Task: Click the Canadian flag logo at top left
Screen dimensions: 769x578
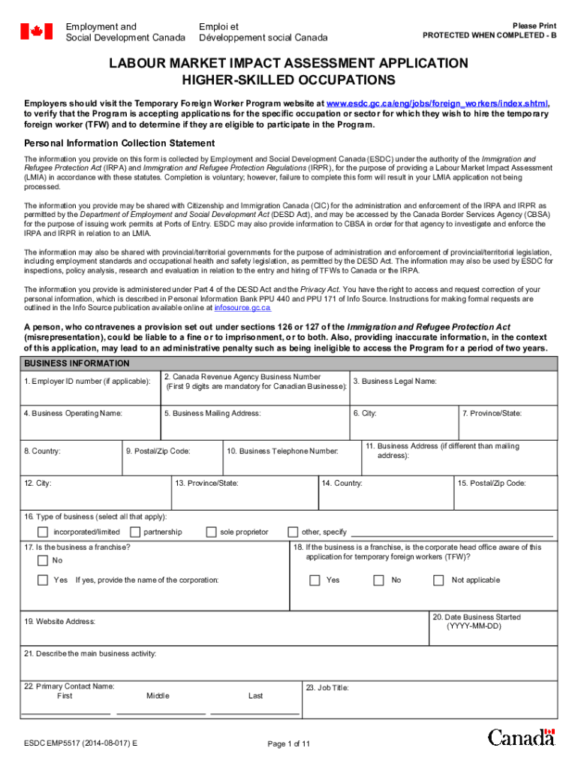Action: click(36, 31)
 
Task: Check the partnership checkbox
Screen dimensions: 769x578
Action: click(135, 532)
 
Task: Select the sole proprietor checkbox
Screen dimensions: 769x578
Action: click(211, 532)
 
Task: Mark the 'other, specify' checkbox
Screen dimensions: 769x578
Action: click(293, 532)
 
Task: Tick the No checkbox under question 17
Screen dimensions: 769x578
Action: click(44, 561)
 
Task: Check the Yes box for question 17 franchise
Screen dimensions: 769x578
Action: click(44, 581)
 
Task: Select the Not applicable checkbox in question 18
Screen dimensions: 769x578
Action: click(439, 581)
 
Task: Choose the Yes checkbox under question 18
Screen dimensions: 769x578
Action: click(315, 581)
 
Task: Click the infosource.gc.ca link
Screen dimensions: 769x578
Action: click(242, 308)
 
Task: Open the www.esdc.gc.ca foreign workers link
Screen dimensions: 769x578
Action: click(437, 104)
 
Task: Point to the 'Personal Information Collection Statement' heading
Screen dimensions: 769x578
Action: click(119, 143)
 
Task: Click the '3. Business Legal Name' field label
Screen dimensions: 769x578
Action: click(395, 381)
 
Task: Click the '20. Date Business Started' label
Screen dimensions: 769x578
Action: click(476, 617)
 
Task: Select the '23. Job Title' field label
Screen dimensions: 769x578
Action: click(327, 688)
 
